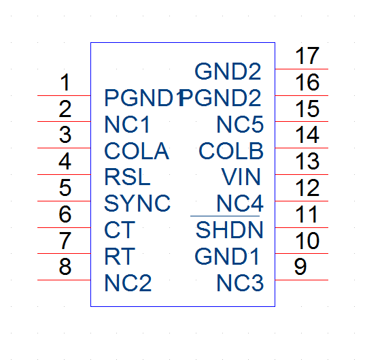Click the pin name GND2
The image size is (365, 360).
point(228,71)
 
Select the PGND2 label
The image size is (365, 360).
point(220,98)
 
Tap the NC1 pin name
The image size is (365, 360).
point(127,125)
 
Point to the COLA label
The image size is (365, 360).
point(137,151)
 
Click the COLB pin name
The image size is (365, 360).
point(231,151)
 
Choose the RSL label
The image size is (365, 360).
point(127,177)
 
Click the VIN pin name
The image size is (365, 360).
point(241,177)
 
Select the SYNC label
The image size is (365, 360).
point(137,203)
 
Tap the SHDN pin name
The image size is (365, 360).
point(230,230)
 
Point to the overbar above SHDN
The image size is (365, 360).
point(225,216)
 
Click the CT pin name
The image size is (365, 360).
point(120,230)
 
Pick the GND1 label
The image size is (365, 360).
point(227,257)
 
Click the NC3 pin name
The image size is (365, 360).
point(240,283)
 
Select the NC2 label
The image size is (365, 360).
point(128,283)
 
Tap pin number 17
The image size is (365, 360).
point(307,56)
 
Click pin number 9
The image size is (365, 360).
point(300,267)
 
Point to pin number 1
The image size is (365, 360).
point(65,82)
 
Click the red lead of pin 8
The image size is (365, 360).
point(64,280)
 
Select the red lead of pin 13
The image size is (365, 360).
point(302,174)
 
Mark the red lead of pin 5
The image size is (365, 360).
point(64,201)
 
